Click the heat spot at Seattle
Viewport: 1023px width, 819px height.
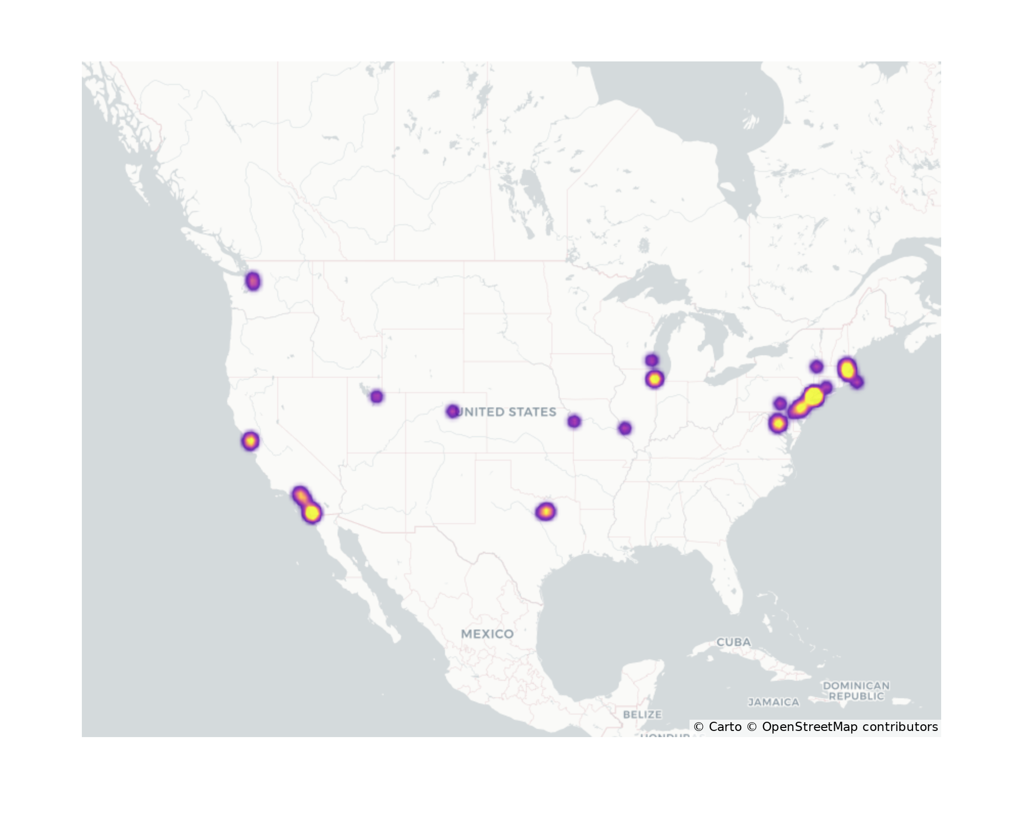(x=253, y=281)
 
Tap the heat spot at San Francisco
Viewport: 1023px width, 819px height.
(x=250, y=441)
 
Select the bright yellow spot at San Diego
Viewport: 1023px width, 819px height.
(x=312, y=512)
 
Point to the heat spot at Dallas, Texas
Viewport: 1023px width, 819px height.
(x=546, y=511)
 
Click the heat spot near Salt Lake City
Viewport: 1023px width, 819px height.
(x=376, y=396)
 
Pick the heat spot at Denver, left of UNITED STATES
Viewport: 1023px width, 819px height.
(x=452, y=411)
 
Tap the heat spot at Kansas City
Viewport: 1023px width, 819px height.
(x=574, y=421)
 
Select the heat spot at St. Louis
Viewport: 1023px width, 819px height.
(x=625, y=428)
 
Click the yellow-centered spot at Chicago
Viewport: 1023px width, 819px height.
(x=654, y=379)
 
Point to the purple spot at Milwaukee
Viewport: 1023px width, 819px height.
(x=651, y=360)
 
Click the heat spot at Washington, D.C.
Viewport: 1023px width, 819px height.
(x=777, y=423)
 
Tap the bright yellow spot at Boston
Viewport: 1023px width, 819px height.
(x=847, y=369)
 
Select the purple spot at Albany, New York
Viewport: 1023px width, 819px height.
(x=816, y=367)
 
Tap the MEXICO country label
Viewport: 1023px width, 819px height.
(x=487, y=634)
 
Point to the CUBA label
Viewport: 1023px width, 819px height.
(x=733, y=642)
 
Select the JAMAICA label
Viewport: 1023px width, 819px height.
(x=773, y=702)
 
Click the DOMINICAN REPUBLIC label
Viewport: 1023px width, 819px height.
(x=856, y=691)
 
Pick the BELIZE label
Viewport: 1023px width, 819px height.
(x=642, y=714)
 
